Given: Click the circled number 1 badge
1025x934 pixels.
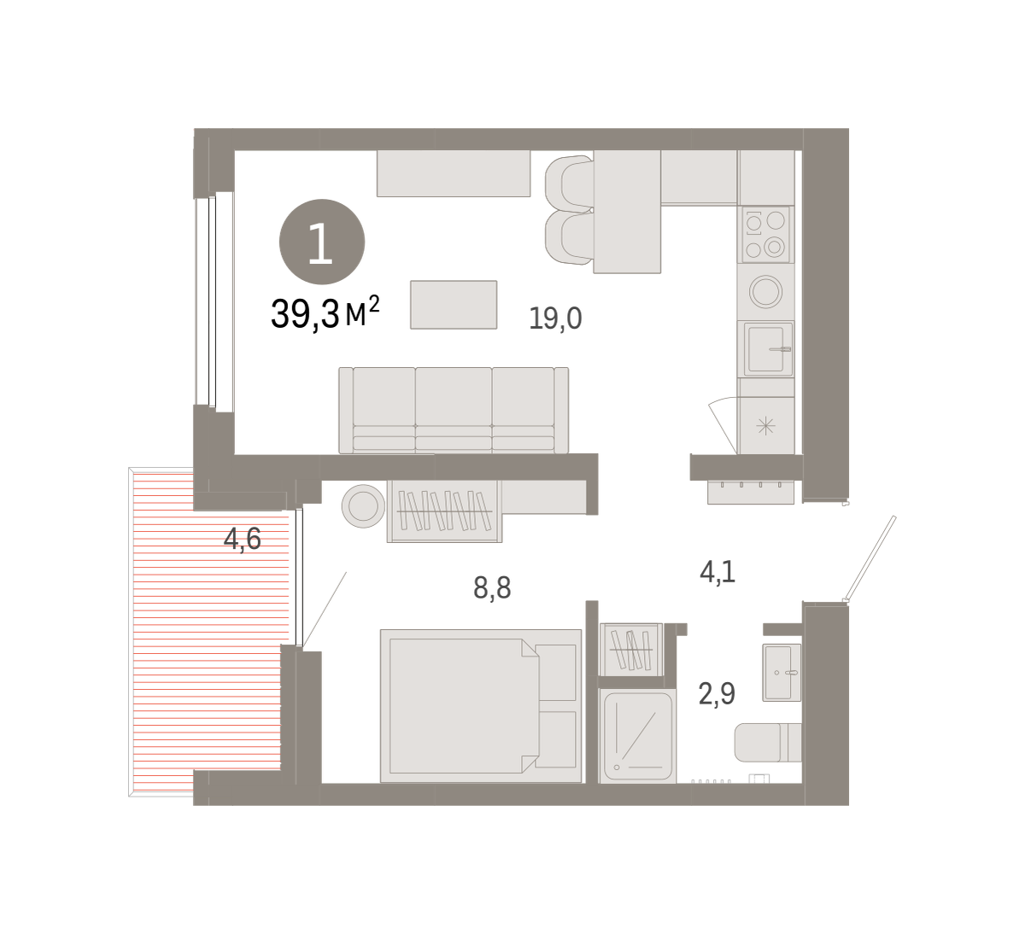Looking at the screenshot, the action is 322,242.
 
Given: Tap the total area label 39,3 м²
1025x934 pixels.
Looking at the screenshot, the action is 325,312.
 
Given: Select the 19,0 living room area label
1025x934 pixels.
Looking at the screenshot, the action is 555,318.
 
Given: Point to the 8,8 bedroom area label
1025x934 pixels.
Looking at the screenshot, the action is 492,587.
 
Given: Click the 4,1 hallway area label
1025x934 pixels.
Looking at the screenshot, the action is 717,572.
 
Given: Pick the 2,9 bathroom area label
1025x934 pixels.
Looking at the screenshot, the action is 717,694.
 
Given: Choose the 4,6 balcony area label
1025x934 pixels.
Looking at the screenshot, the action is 243,539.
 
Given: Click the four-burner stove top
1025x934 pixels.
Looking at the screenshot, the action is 765,235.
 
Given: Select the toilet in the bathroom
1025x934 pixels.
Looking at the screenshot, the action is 768,743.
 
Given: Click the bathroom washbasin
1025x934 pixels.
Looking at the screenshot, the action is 782,673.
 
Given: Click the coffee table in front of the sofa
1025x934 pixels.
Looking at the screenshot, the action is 454,305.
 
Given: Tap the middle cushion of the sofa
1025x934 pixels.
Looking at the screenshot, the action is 454,410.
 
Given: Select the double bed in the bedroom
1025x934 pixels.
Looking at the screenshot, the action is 481,705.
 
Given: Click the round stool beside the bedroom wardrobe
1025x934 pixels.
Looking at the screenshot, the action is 363,505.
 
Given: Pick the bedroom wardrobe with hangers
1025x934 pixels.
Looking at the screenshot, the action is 444,511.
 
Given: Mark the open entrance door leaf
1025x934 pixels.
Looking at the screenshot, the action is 870,557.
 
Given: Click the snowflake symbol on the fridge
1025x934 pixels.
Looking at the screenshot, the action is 766,426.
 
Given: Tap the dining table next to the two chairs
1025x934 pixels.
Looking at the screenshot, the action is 627,212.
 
